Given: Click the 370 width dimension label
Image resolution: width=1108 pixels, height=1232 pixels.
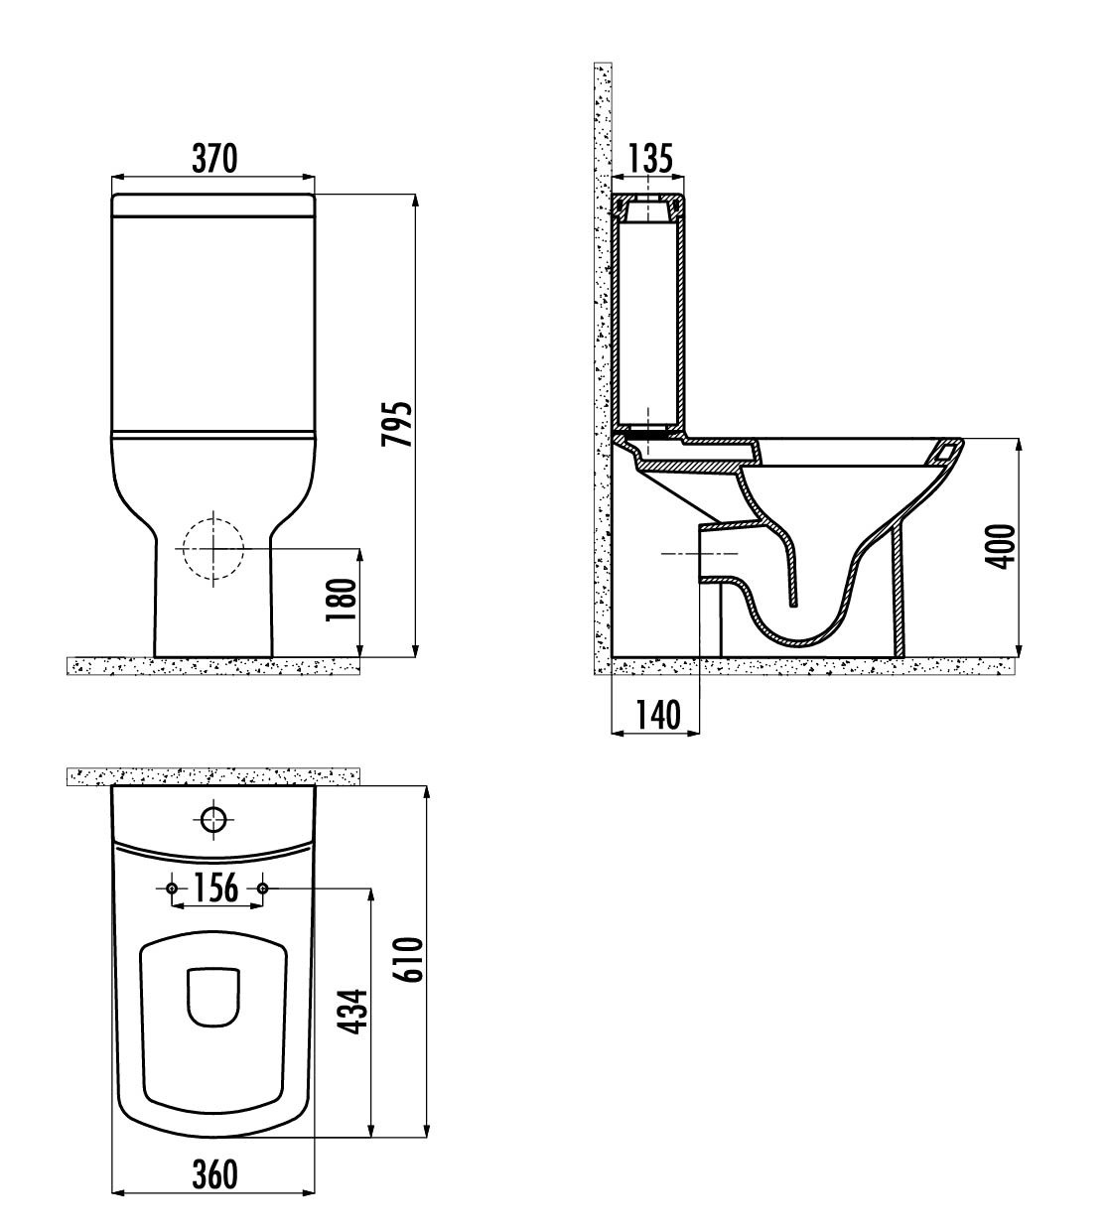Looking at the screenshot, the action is pyautogui.click(x=214, y=158).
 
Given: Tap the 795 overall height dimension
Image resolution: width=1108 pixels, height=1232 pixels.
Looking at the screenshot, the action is pyautogui.click(x=396, y=424).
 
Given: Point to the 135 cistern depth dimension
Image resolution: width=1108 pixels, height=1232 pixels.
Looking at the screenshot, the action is pyautogui.click(x=650, y=158).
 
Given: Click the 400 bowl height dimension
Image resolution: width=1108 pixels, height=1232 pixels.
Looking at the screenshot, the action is pyautogui.click(x=1000, y=547).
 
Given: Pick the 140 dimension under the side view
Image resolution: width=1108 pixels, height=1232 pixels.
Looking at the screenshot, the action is pyautogui.click(x=657, y=714).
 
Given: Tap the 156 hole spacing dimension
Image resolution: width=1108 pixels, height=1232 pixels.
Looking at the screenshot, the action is pyautogui.click(x=215, y=888).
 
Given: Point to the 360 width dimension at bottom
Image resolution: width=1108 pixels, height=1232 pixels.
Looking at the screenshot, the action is pyautogui.click(x=214, y=1173).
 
